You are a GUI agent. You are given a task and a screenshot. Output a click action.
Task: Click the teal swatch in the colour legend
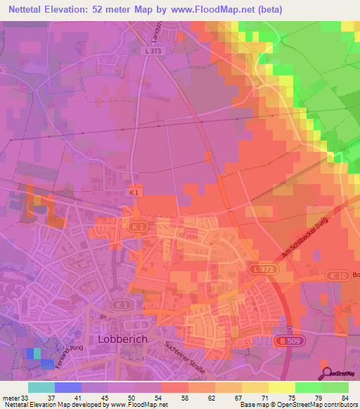(x=41, y=387)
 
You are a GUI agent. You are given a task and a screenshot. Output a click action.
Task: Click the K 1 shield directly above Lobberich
(x=121, y=304)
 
